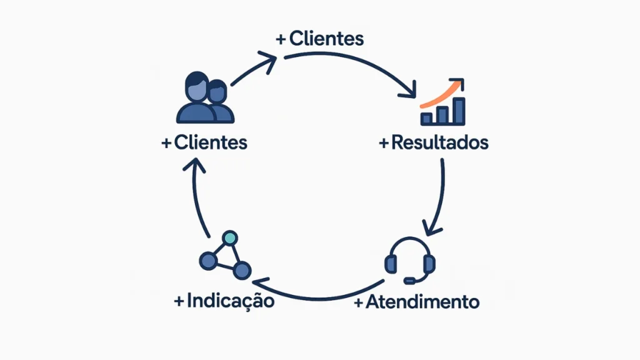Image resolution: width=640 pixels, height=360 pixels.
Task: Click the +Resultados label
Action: coord(434,142)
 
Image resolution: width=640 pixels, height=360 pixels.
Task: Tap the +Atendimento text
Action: coord(417,302)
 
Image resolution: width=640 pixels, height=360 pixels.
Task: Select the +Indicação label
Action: coord(224,301)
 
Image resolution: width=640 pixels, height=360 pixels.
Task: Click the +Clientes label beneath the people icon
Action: coord(204,142)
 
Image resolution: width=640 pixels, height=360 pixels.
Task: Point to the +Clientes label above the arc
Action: coord(319,39)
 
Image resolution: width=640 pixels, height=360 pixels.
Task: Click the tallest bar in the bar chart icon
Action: coord(459,110)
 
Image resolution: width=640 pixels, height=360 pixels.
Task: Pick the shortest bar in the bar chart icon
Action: coord(427,117)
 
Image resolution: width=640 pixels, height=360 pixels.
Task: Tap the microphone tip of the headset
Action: coord(409,280)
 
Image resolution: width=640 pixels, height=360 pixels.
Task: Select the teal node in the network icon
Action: coord(230,238)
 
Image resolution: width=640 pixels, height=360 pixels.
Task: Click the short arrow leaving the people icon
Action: coord(253,69)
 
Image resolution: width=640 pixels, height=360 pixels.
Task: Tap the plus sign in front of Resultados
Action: coord(384,143)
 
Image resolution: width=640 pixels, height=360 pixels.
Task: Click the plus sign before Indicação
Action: coord(180,301)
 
